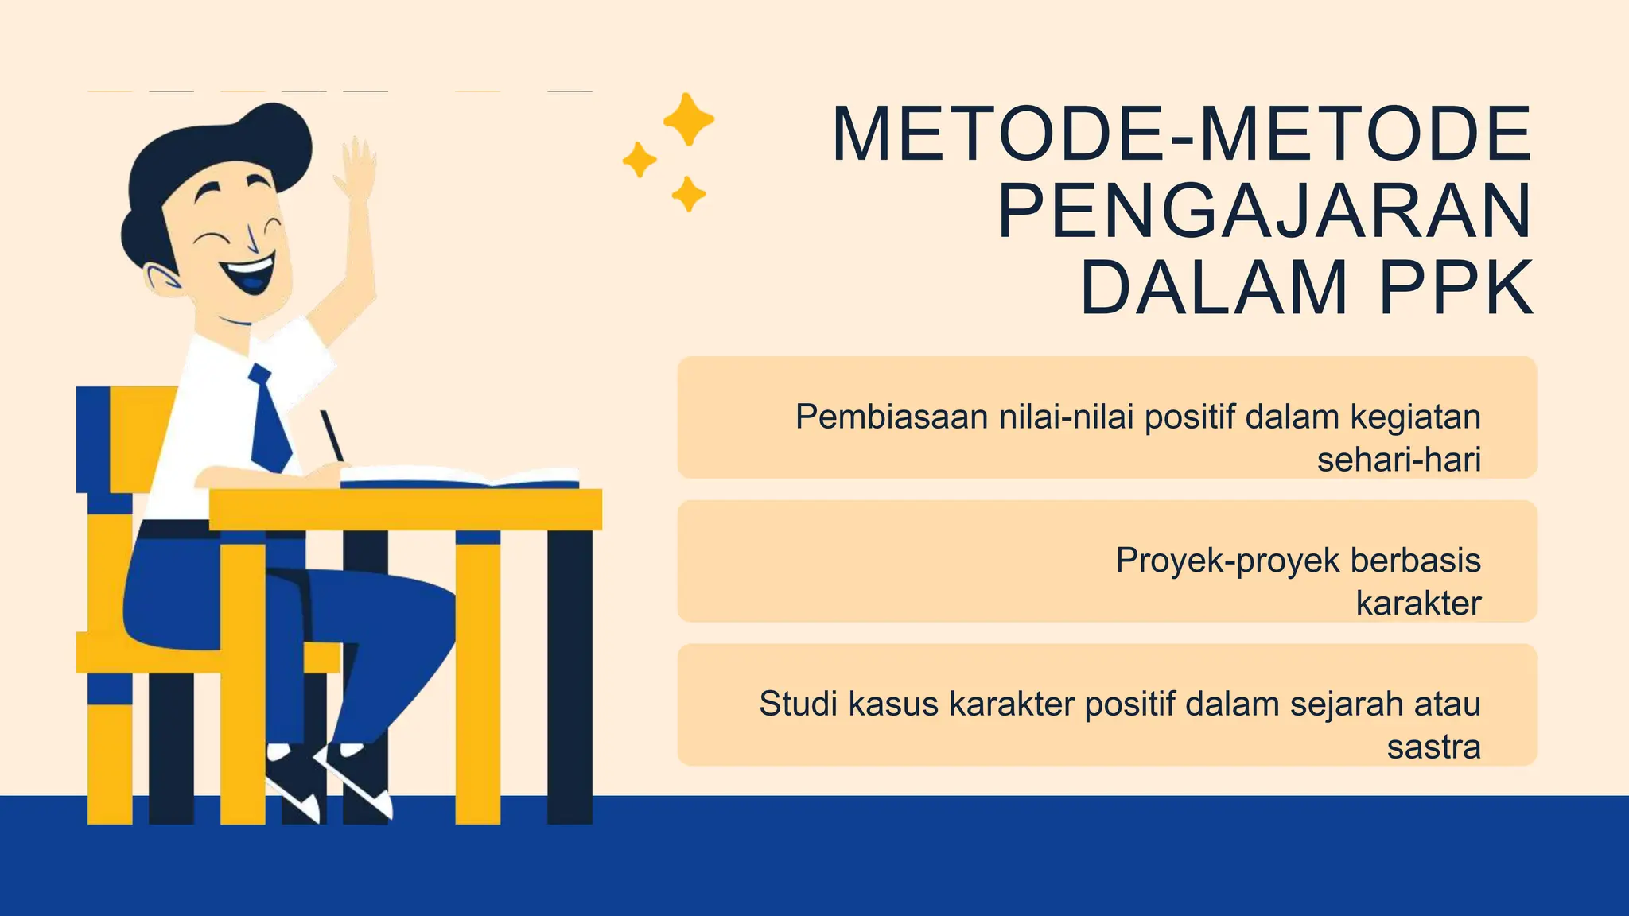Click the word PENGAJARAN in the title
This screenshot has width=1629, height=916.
[x=1264, y=211]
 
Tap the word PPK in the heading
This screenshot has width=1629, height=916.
[x=1456, y=288]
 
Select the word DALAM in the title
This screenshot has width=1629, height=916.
[x=1214, y=288]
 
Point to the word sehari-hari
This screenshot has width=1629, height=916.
[x=1398, y=460]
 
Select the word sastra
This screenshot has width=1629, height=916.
[x=1433, y=747]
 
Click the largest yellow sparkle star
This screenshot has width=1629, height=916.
[x=688, y=119]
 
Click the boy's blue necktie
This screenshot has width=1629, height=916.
[x=270, y=421]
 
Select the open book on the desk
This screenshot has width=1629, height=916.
[x=460, y=477]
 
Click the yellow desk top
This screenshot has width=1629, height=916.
[x=406, y=509]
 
